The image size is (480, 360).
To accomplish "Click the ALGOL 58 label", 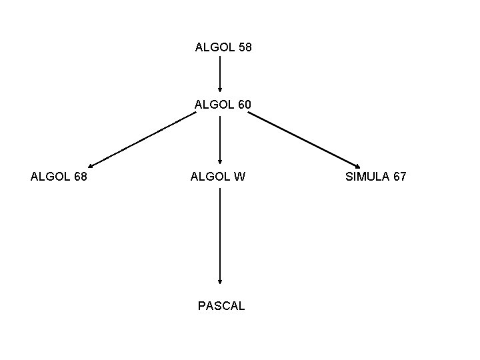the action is [x=223, y=48].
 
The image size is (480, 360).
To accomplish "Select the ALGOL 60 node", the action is [x=223, y=105].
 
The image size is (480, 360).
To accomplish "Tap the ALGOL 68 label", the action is [x=59, y=177].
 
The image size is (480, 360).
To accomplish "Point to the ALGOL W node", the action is [x=218, y=177].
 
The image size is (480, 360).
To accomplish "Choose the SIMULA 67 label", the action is [x=375, y=177].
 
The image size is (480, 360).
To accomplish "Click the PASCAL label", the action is [x=221, y=306].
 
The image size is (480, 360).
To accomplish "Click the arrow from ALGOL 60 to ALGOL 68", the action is [x=142, y=140].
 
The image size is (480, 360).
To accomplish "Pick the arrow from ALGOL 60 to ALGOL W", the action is [x=220, y=140].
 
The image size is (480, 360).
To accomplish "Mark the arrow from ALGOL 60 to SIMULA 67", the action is [x=304, y=140].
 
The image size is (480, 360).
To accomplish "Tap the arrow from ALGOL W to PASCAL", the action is [x=220, y=237].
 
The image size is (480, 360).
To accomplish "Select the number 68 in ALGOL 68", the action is [x=79, y=177].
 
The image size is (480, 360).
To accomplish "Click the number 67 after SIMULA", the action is [x=398, y=177].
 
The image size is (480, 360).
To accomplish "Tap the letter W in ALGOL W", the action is [x=239, y=177].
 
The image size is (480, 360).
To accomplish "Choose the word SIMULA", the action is [x=365, y=177].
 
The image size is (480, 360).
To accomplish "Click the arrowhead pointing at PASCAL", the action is [x=220, y=281].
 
